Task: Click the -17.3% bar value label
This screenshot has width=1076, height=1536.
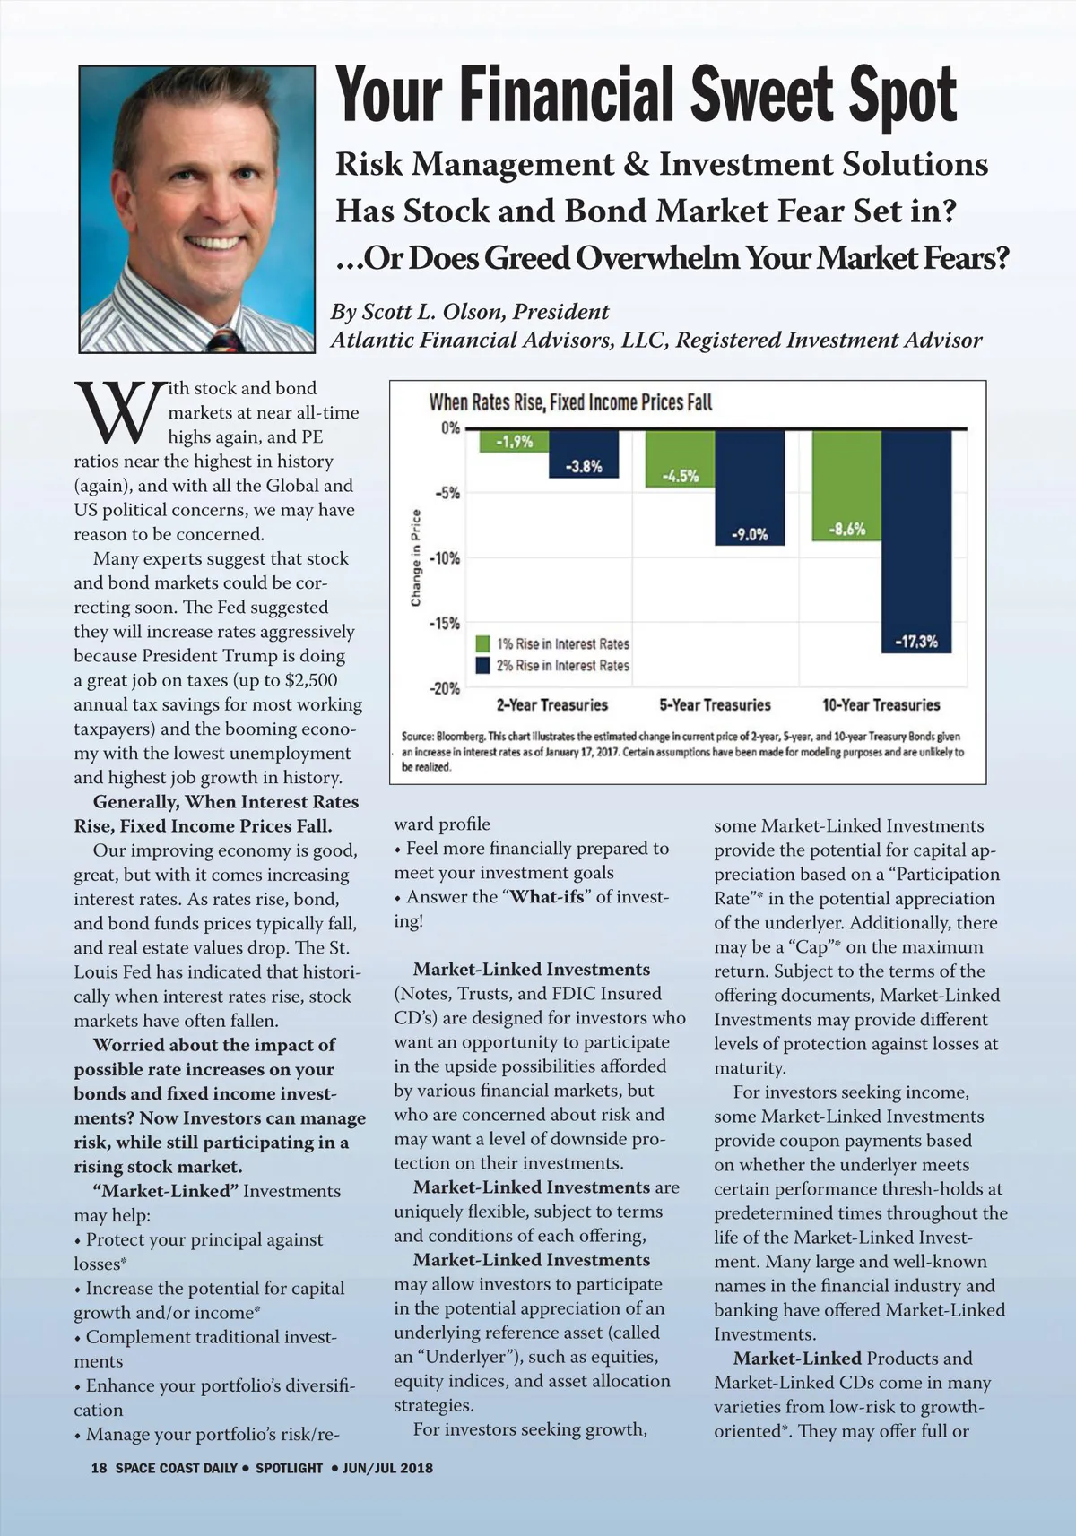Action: click(x=915, y=642)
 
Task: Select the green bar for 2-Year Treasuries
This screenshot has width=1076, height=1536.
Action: click(x=514, y=441)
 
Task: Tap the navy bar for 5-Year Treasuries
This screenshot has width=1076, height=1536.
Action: click(x=750, y=488)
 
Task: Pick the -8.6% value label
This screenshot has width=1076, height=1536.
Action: click(x=846, y=530)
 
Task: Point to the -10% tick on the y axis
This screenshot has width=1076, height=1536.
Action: click(x=445, y=558)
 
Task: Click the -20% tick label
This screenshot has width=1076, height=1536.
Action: click(x=445, y=689)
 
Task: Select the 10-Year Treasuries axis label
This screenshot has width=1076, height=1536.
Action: click(x=881, y=705)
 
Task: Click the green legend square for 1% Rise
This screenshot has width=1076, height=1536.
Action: click(x=482, y=643)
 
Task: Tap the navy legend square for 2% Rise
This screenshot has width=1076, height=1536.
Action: click(x=482, y=665)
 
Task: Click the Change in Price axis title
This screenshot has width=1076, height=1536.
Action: click(x=415, y=557)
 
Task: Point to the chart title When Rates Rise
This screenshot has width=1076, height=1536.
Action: click(x=570, y=402)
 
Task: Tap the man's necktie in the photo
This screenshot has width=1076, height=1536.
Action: click(x=225, y=341)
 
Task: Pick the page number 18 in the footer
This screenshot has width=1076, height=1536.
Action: click(x=99, y=1468)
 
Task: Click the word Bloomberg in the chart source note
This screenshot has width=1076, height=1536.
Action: click(x=460, y=737)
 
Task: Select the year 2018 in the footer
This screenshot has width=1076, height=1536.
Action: click(x=416, y=1468)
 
